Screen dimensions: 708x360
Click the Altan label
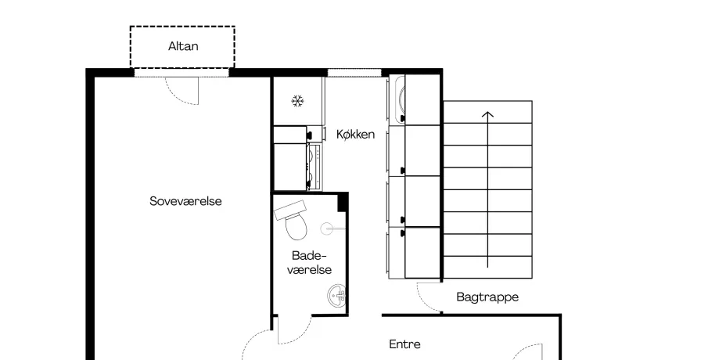[183, 46]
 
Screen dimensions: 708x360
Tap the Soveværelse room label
[185, 201]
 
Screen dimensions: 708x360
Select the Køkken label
[355, 134]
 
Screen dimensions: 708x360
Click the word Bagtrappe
[487, 297]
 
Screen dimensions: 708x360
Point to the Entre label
[404, 344]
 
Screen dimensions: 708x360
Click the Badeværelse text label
[309, 262]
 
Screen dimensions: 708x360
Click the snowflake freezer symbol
[297, 101]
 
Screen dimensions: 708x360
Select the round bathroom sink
[337, 295]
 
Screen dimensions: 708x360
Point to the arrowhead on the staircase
[487, 115]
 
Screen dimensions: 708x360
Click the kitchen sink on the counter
[399, 99]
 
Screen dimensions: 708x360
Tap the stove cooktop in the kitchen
[314, 167]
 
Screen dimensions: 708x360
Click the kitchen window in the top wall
[354, 73]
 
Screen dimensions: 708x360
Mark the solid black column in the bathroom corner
[343, 202]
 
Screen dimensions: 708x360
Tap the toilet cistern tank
[290, 210]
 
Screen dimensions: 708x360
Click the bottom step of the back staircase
[487, 268]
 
